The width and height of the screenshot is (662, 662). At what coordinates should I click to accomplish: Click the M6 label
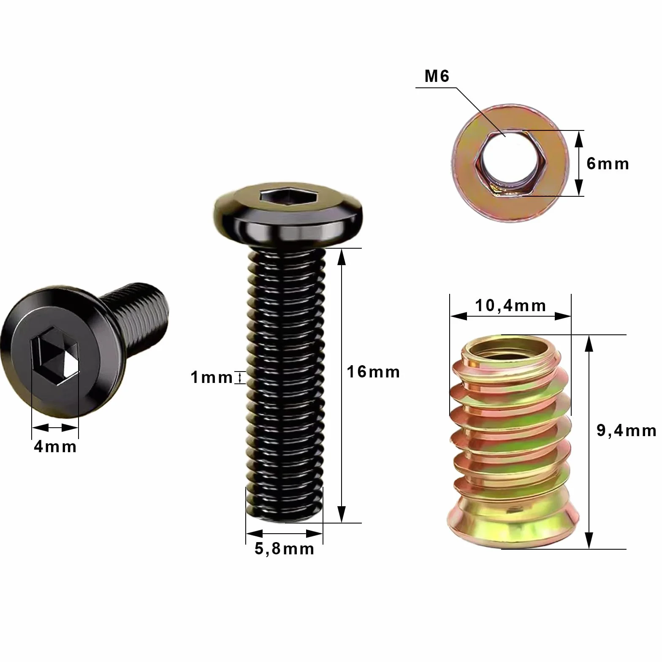437,76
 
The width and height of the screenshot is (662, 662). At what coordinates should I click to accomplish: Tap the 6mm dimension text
608,163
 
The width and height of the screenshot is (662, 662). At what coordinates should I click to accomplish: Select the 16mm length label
373,372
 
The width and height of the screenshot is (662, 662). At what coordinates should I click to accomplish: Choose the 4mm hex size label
55,446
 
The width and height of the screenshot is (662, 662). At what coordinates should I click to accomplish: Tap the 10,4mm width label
510,305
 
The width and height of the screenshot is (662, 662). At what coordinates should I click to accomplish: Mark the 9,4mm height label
626,430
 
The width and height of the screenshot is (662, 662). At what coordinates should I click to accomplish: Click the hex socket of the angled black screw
55,356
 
